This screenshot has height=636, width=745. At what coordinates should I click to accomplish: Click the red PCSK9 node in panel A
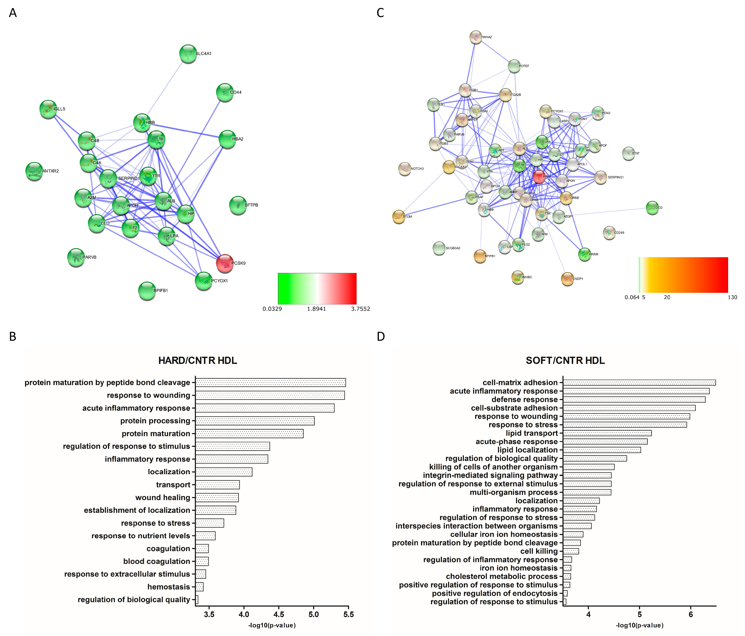[x=225, y=263]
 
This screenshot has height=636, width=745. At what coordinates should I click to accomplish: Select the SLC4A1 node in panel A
[x=188, y=54]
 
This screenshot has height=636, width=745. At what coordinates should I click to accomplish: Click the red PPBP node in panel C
[x=539, y=177]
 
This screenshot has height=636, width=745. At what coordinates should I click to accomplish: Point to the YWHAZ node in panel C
[x=476, y=37]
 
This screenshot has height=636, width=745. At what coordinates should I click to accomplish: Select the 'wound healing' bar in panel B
[x=217, y=497]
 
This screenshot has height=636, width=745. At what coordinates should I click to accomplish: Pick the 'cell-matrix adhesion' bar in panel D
[x=639, y=382]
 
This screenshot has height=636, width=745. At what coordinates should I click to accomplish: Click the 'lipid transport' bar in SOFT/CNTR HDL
[x=607, y=433]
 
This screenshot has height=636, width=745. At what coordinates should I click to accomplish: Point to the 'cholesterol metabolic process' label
[x=502, y=576]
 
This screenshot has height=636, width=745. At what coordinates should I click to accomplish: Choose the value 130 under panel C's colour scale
[x=732, y=297]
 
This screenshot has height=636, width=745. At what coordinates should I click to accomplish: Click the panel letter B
[x=13, y=336]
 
